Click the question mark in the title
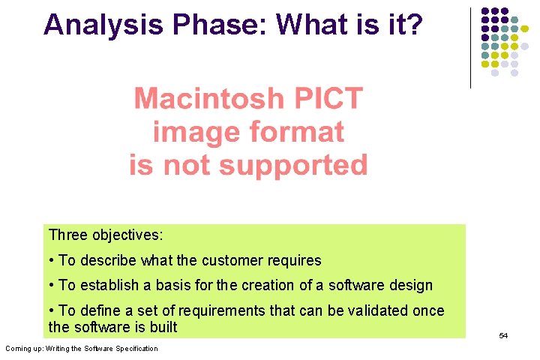pyautogui.click(x=414, y=25)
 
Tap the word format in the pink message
pyautogui.click(x=298, y=132)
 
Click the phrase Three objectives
pyautogui.click(x=106, y=235)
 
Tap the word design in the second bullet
pyautogui.click(x=410, y=286)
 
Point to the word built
pyautogui.click(x=163, y=327)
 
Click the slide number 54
pyautogui.click(x=503, y=335)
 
